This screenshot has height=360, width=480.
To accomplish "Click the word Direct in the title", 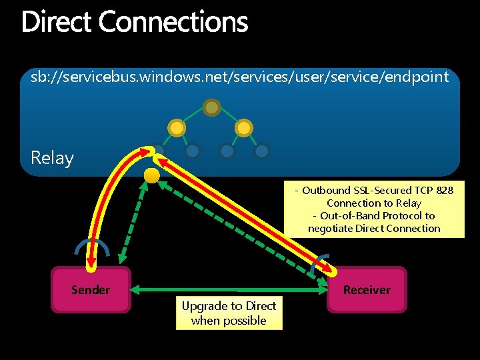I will click(57, 22).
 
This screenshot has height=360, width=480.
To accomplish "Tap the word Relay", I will click(52, 158).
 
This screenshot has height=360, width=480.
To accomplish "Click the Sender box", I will click(91, 289).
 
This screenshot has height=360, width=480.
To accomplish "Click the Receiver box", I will click(366, 289).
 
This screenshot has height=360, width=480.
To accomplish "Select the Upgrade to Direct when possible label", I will click(229, 313).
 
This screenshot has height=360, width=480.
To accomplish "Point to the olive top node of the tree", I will click(212, 107).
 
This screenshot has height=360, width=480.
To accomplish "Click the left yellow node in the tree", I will click(177, 127).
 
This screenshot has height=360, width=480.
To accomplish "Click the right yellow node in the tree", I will click(244, 127).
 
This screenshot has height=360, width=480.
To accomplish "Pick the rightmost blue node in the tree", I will click(262, 151).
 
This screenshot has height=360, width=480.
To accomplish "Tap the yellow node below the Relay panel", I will click(152, 176).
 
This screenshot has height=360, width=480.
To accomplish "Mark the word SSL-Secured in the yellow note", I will click(377, 190).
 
